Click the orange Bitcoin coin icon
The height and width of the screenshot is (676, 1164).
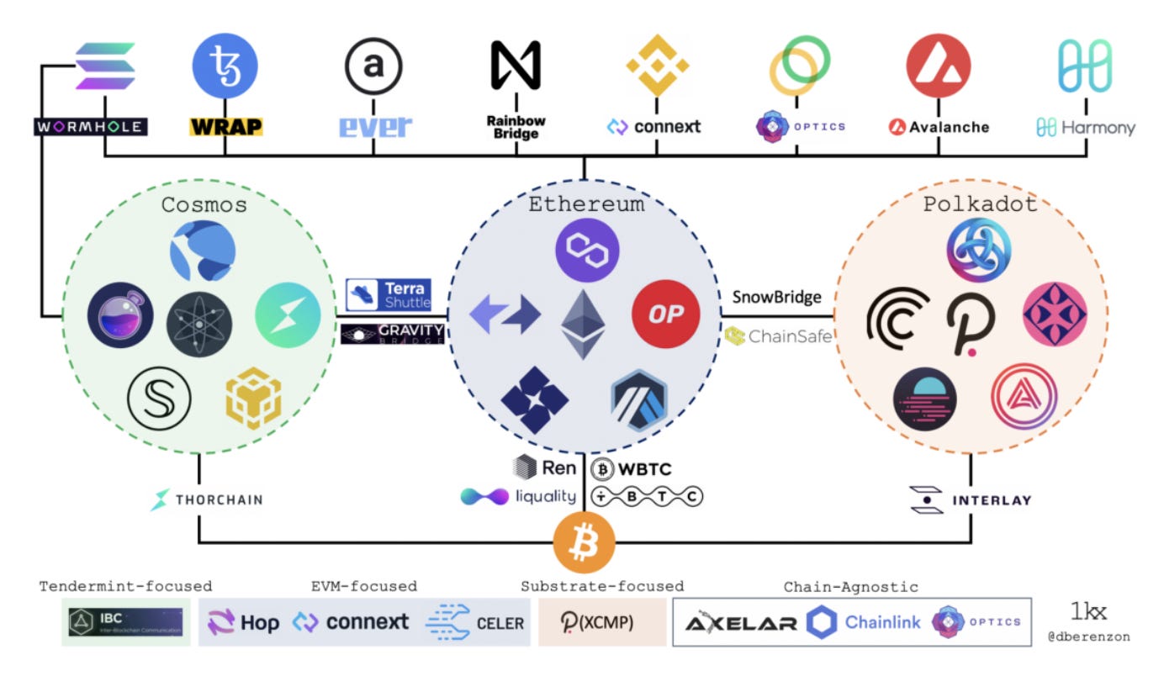pos(584,543)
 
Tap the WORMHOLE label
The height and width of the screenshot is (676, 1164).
pos(91,128)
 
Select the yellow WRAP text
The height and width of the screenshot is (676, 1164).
pos(225,128)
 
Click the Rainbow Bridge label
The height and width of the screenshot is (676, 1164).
pos(516,127)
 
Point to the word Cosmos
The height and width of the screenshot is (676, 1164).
pos(204,204)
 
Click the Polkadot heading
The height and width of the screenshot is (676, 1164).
pos(979,204)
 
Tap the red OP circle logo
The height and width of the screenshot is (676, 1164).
pos(665,314)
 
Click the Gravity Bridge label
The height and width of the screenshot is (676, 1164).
pos(393,334)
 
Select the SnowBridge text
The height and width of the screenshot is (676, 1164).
pos(776,296)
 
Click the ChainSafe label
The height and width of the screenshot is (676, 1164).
pos(779,336)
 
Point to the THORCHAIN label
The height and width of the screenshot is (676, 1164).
pos(206,499)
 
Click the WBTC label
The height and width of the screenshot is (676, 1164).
pos(632,469)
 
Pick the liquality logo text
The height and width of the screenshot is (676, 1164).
pos(518,496)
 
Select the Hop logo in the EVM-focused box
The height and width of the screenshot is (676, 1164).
pos(244,623)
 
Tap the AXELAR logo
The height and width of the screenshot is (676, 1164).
pos(740,623)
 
